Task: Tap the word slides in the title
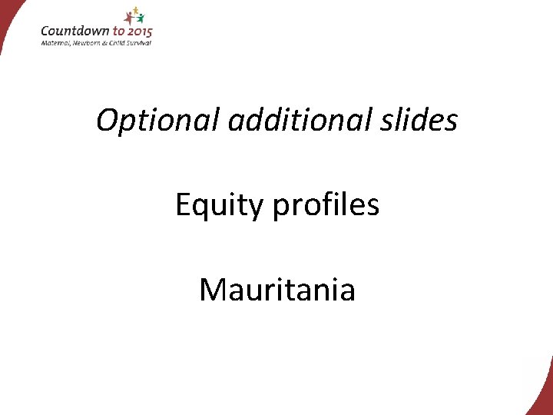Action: coord(423,120)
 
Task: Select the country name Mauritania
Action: coord(276,290)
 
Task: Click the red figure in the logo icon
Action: coord(129,17)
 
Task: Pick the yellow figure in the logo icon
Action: coord(136,10)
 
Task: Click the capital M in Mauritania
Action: coord(212,290)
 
